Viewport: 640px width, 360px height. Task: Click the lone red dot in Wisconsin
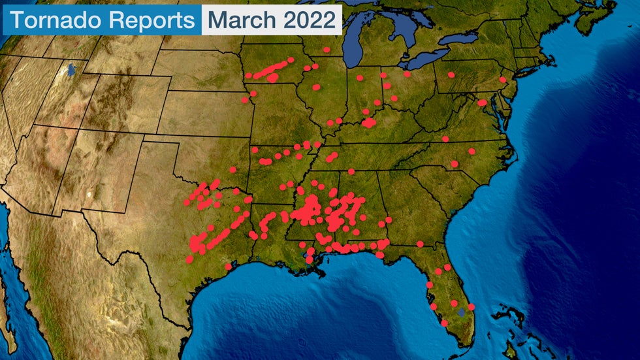(326, 50)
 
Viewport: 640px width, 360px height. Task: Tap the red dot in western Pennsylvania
(451, 75)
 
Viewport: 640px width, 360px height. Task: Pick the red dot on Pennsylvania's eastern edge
(502, 80)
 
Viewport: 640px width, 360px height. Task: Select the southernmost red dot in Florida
(444, 323)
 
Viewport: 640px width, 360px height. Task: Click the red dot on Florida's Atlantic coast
(472, 307)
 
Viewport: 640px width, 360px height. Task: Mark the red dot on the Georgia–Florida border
(420, 244)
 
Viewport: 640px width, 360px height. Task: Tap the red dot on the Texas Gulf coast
(228, 267)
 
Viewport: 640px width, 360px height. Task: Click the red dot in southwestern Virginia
(445, 139)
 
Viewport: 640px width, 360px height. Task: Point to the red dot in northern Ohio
(407, 74)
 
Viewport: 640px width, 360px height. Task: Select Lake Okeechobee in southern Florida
(462, 312)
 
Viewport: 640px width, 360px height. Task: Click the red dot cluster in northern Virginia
(482, 103)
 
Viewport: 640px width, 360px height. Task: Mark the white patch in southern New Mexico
(89, 195)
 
